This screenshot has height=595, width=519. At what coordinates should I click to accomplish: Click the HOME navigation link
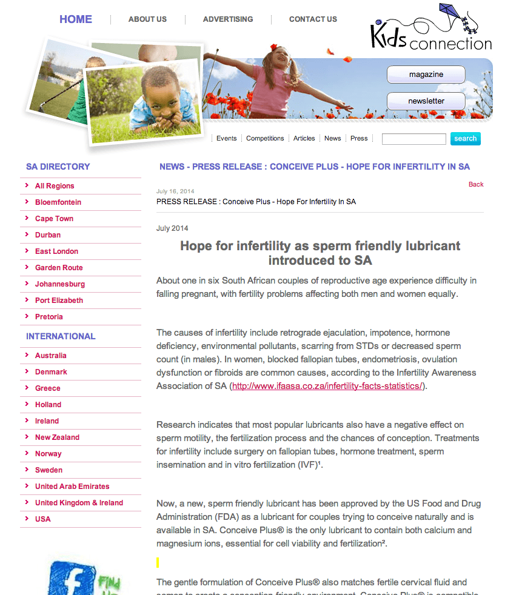pyautogui.click(x=76, y=19)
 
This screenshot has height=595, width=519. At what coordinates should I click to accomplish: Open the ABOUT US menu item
pyautogui.click(x=147, y=19)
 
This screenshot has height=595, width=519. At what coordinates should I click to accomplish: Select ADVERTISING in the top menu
pyautogui.click(x=228, y=19)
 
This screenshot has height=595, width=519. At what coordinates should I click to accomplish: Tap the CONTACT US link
pyautogui.click(x=313, y=19)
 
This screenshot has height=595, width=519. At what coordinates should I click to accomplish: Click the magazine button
pyautogui.click(x=426, y=75)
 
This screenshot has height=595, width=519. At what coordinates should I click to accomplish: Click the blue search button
pyautogui.click(x=465, y=139)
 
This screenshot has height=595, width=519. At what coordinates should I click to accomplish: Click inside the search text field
pyautogui.click(x=414, y=139)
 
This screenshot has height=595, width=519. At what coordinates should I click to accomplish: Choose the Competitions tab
pyautogui.click(x=265, y=139)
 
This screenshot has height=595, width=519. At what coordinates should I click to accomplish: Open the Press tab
pyautogui.click(x=359, y=139)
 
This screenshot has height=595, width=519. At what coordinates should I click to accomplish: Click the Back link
pyautogui.click(x=476, y=184)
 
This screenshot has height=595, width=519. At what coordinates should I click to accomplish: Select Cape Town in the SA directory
pyautogui.click(x=54, y=219)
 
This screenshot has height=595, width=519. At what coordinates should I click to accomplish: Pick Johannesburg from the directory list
pyautogui.click(x=60, y=284)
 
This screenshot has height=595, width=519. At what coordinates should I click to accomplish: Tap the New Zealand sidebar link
pyautogui.click(x=57, y=437)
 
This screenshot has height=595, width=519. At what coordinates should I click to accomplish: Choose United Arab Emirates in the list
pyautogui.click(x=72, y=487)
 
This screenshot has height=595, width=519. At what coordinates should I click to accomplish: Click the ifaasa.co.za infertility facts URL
pyautogui.click(x=327, y=386)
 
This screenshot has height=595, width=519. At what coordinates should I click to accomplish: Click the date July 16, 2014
pyautogui.click(x=175, y=191)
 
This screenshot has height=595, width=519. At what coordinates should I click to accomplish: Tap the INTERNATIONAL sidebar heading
pyautogui.click(x=61, y=336)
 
